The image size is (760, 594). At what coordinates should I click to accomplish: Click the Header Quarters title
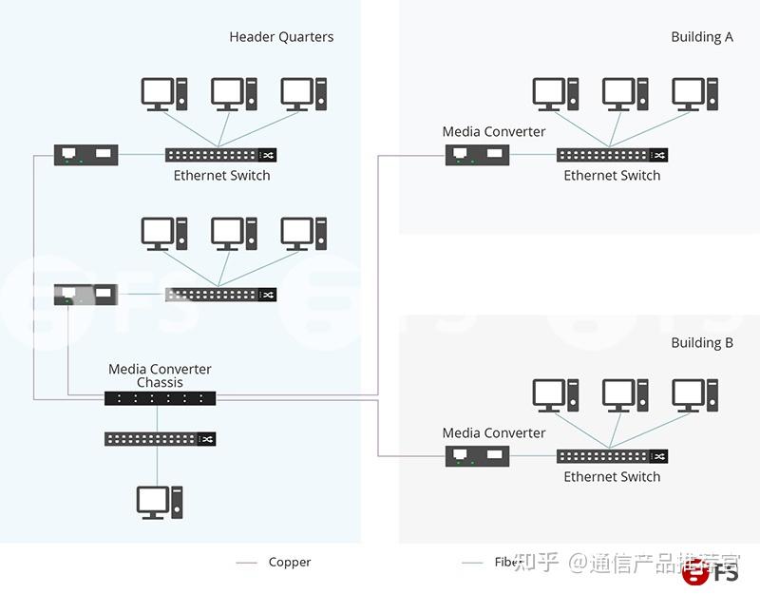pyautogui.click(x=281, y=37)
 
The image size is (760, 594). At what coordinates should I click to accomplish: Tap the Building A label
pyautogui.click(x=702, y=37)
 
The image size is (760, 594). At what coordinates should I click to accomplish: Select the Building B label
pyautogui.click(x=702, y=342)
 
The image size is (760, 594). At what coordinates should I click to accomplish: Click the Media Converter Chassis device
pyautogui.click(x=160, y=398)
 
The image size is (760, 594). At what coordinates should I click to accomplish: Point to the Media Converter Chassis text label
pyautogui.click(x=160, y=375)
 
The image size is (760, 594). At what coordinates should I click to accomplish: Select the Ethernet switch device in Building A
pyautogui.click(x=612, y=155)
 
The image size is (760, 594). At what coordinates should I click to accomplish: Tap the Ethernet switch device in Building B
pyautogui.click(x=612, y=456)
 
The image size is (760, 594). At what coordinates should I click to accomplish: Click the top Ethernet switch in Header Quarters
pyautogui.click(x=221, y=154)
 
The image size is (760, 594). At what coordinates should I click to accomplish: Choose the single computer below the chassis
pyautogui.click(x=159, y=502)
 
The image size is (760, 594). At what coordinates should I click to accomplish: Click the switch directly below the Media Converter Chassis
pyautogui.click(x=160, y=438)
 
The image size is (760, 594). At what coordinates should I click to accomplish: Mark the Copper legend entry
pyautogui.click(x=289, y=563)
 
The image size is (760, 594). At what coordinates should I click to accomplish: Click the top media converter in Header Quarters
pyautogui.click(x=86, y=154)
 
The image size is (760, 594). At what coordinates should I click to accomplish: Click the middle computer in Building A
pyautogui.click(x=624, y=95)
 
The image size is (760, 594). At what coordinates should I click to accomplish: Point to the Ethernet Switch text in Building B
pyautogui.click(x=612, y=476)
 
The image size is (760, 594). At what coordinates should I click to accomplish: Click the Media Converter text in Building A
pyautogui.click(x=494, y=131)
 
